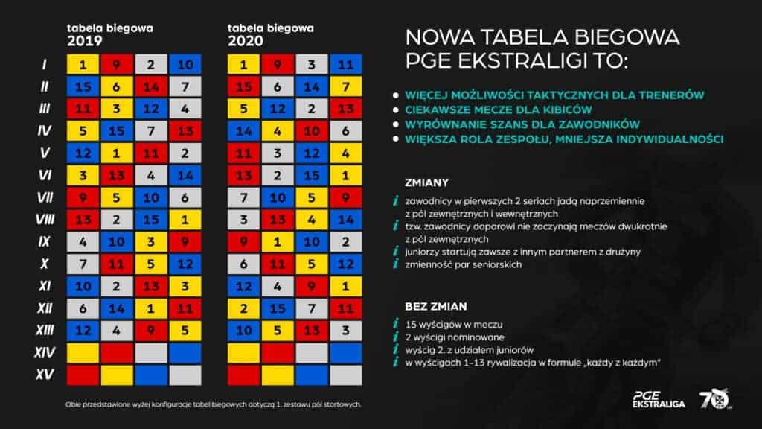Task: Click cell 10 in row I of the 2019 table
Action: pyautogui.click(x=185, y=65)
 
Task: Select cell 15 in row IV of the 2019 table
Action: pyautogui.click(x=117, y=132)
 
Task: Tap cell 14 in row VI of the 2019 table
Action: pyautogui.click(x=185, y=177)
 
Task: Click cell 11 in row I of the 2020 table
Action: pyautogui.click(x=345, y=65)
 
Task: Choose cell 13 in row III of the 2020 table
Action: pyautogui.click(x=345, y=109)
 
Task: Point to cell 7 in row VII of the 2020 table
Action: pyautogui.click(x=243, y=197)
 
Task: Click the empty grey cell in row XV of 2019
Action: pyautogui.click(x=185, y=374)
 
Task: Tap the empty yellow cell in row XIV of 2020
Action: pyautogui.click(x=243, y=352)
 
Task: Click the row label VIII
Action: pyautogui.click(x=43, y=220)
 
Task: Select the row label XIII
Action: pyautogui.click(x=43, y=330)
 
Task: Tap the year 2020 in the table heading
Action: pyautogui.click(x=246, y=42)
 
